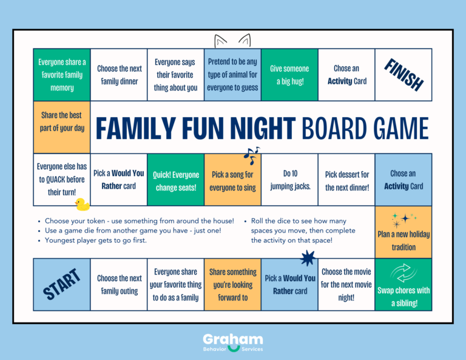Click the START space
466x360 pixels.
tap(62, 284)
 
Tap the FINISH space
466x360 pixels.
tap(404, 75)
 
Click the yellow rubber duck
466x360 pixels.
tap(81, 204)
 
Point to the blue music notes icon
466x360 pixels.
tap(251, 155)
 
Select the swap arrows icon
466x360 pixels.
tap(404, 272)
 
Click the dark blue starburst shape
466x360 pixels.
tap(308, 259)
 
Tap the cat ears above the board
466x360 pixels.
tap(233, 41)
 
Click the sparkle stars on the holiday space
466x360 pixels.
tap(402, 219)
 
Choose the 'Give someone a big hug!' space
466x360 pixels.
tap(289, 75)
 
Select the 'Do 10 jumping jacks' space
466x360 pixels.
tap(289, 180)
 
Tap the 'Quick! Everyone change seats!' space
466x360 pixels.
tap(176, 181)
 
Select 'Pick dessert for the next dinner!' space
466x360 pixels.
tap(346, 181)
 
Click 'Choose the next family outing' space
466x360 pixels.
tap(119, 284)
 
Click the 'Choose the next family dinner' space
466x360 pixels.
tap(119, 75)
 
